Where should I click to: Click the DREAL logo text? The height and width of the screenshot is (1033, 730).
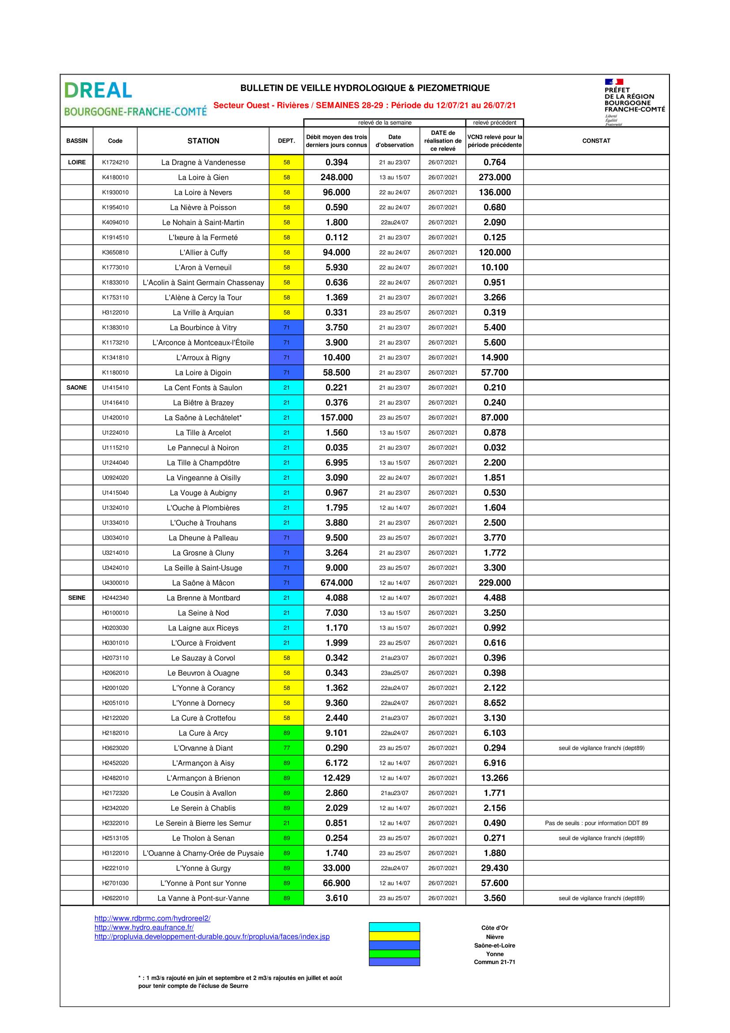[x=98, y=91]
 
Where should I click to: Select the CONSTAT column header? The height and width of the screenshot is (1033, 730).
[x=596, y=141]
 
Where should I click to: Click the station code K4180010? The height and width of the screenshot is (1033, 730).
[x=115, y=177]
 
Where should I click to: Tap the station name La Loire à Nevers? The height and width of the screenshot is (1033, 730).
[x=203, y=193]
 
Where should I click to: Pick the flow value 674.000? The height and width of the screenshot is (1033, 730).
[x=337, y=583]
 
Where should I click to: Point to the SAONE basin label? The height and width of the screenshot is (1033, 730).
[x=76, y=387]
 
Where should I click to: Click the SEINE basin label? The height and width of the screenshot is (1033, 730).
[x=76, y=598]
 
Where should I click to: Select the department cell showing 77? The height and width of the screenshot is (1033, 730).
[x=287, y=748]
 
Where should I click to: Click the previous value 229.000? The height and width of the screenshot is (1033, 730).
[x=494, y=583]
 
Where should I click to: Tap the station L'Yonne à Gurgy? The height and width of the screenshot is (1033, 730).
[x=203, y=868]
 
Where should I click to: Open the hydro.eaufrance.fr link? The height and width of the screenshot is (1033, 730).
[x=144, y=927]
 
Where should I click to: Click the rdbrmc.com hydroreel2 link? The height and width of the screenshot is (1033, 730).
[x=152, y=918]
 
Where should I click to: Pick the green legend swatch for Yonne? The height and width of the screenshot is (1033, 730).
[x=394, y=954]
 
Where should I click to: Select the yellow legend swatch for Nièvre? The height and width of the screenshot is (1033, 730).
[x=394, y=936]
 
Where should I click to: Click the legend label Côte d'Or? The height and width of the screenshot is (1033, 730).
[x=494, y=928]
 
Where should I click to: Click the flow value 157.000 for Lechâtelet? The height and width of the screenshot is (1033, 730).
[x=337, y=417]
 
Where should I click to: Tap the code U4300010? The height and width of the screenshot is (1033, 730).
[x=115, y=583]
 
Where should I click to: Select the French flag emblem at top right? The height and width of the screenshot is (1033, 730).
[x=613, y=82]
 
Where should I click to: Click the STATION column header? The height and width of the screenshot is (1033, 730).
[x=203, y=141]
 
